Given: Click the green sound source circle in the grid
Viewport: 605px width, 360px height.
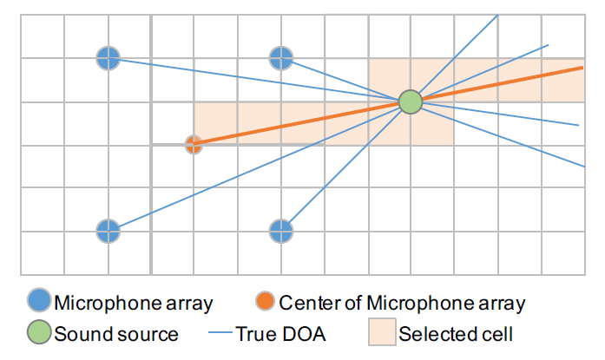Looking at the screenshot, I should (x=410, y=102).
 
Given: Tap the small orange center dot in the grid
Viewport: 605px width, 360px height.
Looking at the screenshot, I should (x=194, y=145).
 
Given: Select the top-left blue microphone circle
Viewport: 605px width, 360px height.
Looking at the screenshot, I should (x=107, y=59).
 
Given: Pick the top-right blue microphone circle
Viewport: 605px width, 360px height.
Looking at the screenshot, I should (x=280, y=59).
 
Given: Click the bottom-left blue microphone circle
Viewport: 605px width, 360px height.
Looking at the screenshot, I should (x=107, y=232).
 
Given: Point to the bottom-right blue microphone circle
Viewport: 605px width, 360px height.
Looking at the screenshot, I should (x=280, y=232).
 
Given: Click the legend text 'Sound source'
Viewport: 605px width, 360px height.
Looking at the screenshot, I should (x=116, y=334).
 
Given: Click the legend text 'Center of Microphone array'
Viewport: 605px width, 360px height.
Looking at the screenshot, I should (x=402, y=304).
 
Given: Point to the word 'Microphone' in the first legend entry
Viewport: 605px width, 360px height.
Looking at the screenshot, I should (x=100, y=304).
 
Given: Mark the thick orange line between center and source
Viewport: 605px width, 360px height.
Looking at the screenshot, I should (x=304, y=123).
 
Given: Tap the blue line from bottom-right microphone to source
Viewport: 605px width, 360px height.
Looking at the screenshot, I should (x=345, y=167).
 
